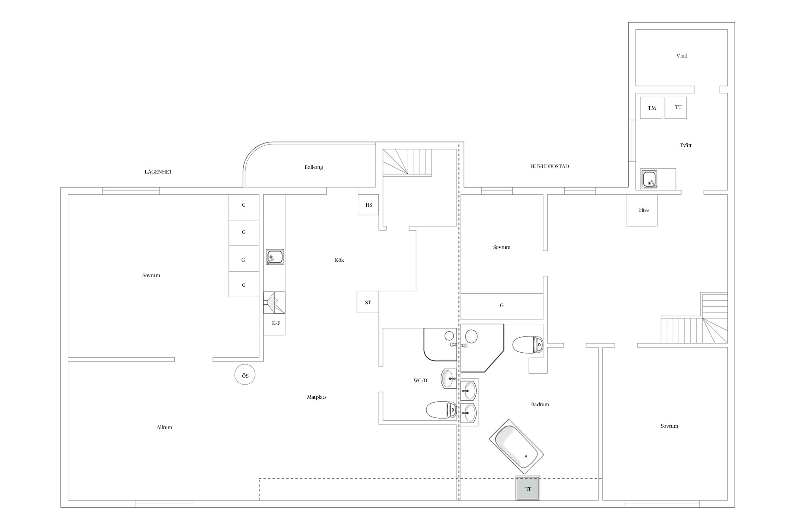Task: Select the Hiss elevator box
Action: (x=642, y=210)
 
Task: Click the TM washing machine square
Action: (x=651, y=108)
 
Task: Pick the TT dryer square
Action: (x=676, y=108)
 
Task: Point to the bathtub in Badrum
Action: (x=516, y=446)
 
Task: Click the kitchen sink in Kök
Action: (x=275, y=257)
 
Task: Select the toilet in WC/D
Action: (x=441, y=410)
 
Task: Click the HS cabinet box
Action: (x=368, y=205)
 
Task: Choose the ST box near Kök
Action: (x=368, y=302)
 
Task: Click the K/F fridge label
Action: (x=276, y=323)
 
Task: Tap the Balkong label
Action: (x=314, y=167)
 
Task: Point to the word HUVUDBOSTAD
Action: (x=549, y=166)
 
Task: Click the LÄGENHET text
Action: (x=158, y=172)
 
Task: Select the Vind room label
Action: (x=682, y=56)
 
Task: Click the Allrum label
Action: (x=164, y=427)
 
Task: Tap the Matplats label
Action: (x=317, y=397)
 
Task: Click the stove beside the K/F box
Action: (x=274, y=303)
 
